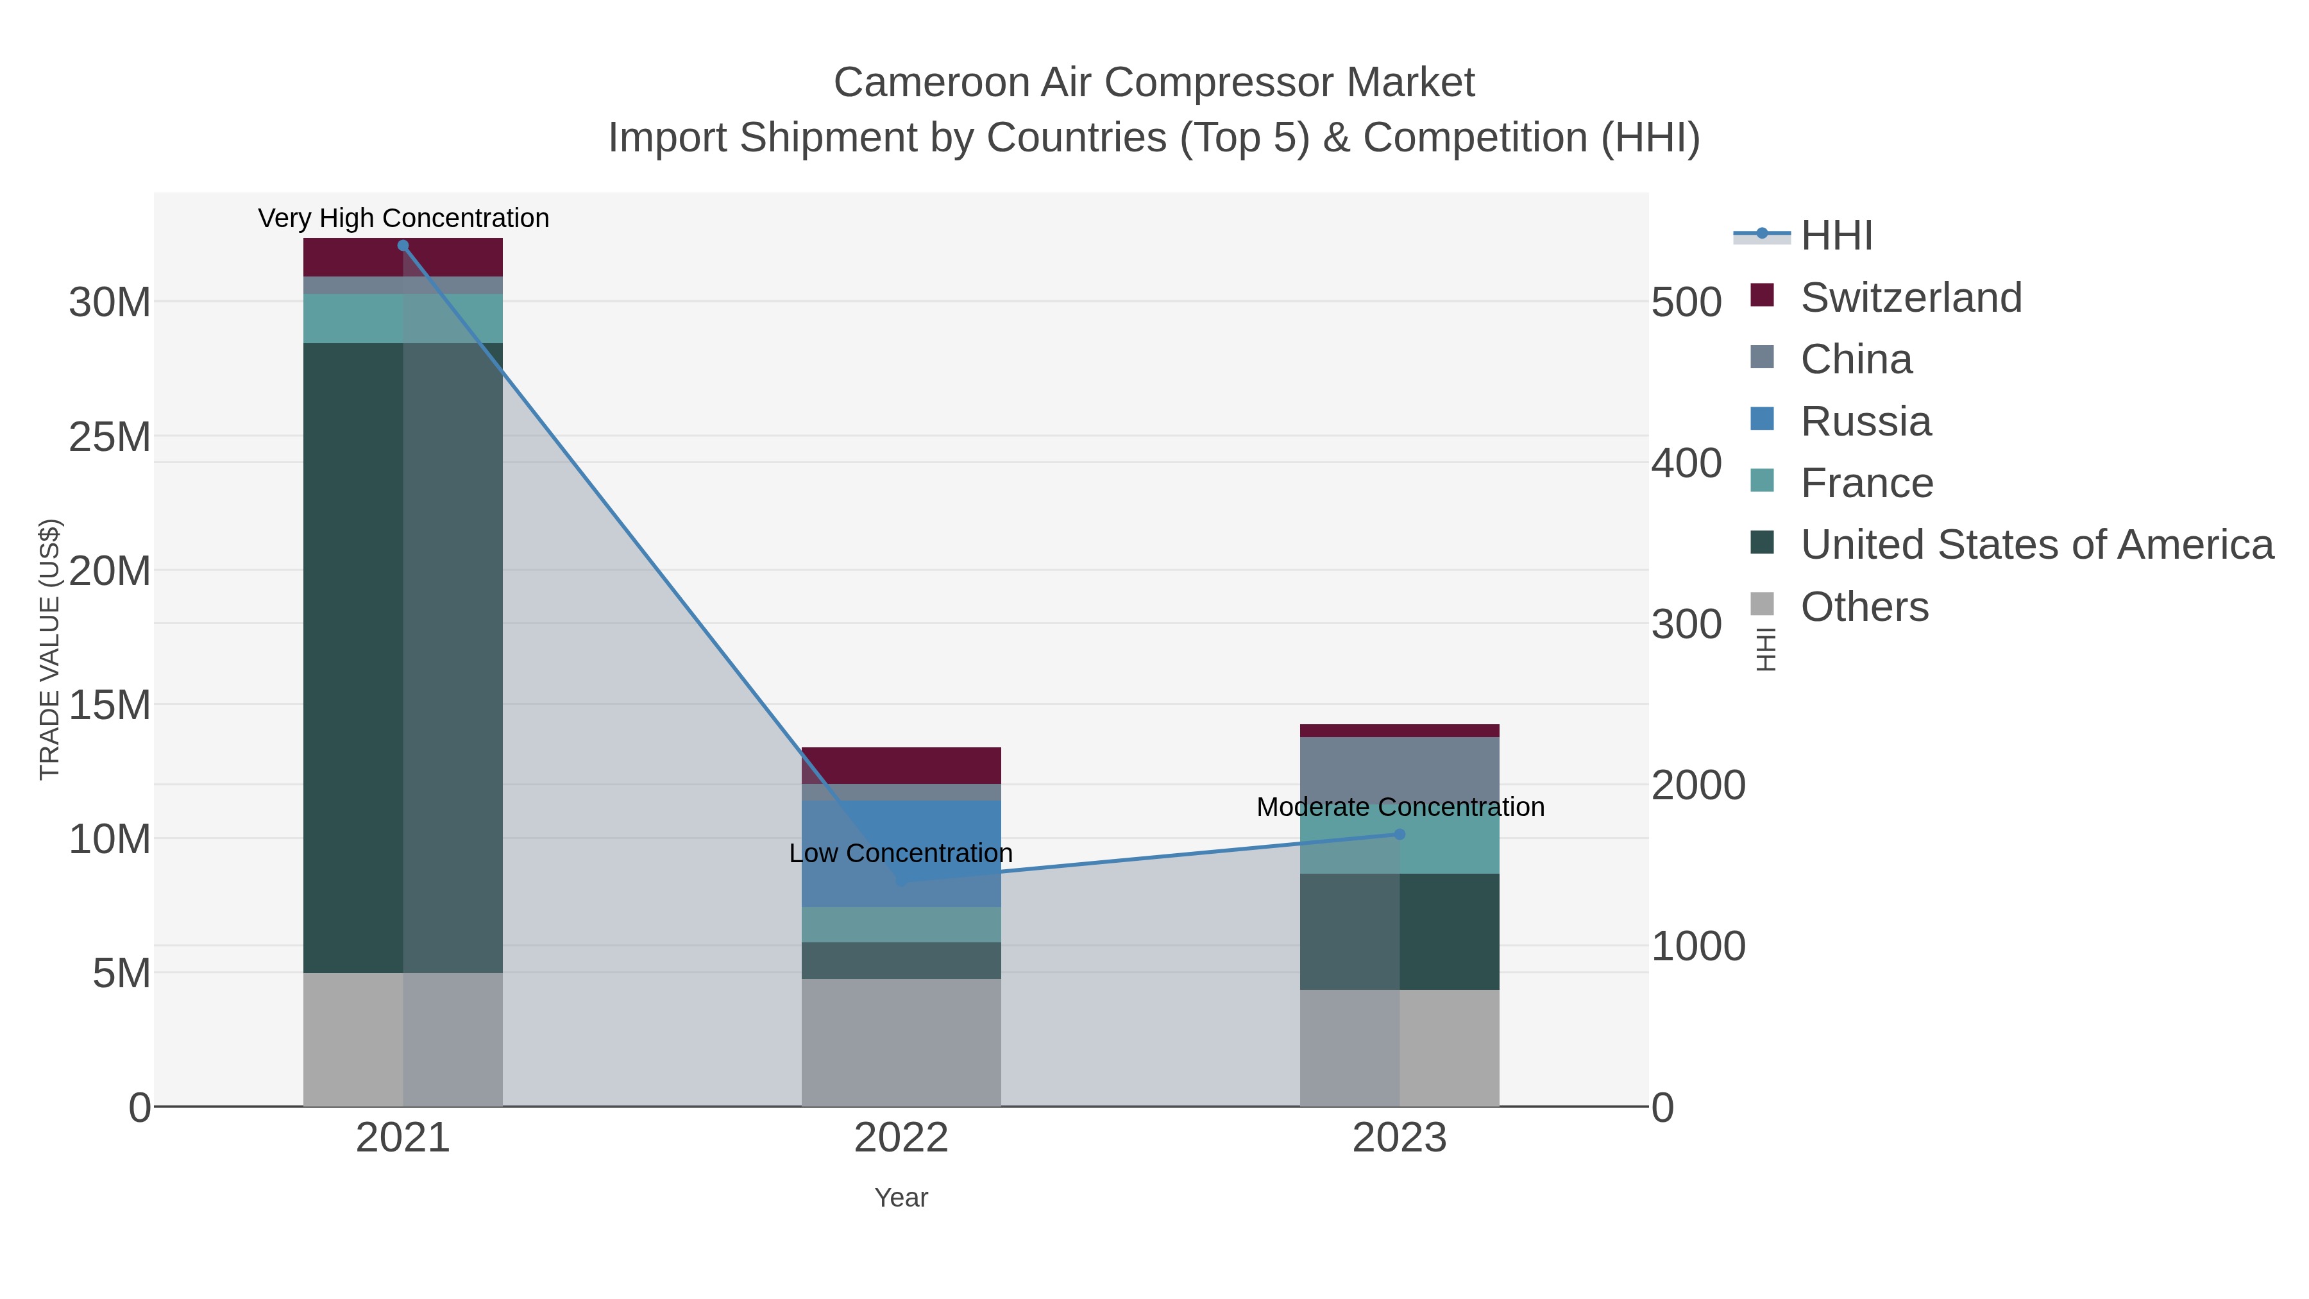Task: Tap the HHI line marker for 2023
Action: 1400,835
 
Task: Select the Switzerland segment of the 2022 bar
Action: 901,765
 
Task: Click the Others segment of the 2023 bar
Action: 1400,1048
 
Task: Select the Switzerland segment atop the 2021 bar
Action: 353,257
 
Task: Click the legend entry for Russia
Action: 1865,421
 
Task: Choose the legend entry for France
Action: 1866,483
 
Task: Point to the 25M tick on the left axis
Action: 109,437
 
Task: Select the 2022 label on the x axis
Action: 901,1139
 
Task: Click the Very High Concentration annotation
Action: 403,219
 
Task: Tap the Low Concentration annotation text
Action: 901,853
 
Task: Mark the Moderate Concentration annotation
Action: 1400,807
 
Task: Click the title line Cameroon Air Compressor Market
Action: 1154,83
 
